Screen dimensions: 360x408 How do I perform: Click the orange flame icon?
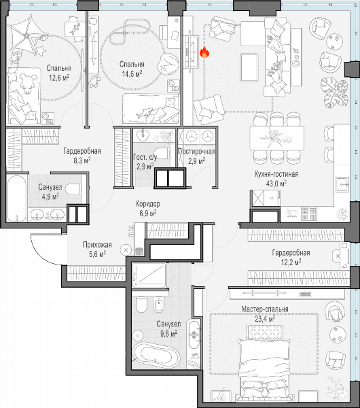[x=204, y=52]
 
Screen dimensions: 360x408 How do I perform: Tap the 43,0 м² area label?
[x=276, y=184]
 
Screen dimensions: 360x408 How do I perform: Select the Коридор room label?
[x=148, y=204]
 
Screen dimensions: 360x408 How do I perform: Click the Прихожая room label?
[x=98, y=245]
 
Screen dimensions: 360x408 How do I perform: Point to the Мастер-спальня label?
[x=265, y=309]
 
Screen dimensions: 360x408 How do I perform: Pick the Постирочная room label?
[x=197, y=152]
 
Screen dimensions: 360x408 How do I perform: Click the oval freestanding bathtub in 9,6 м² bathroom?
[x=156, y=356]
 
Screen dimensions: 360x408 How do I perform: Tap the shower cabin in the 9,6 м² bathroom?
[x=149, y=275]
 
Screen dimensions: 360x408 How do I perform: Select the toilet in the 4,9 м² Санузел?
[x=73, y=189]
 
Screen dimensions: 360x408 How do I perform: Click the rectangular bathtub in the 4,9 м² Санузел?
[x=17, y=198]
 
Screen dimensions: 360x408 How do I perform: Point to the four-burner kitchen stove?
[x=309, y=213]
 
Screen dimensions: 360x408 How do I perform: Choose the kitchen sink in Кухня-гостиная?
[x=342, y=184]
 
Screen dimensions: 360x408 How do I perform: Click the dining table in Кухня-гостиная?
[x=277, y=138]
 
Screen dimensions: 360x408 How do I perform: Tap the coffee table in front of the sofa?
[x=249, y=67]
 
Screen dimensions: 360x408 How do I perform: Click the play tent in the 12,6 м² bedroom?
[x=29, y=35]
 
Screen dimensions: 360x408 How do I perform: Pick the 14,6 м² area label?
[x=132, y=74]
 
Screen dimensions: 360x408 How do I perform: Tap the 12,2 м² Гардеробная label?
[x=291, y=262]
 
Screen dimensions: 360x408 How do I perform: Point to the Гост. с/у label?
[x=145, y=157]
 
